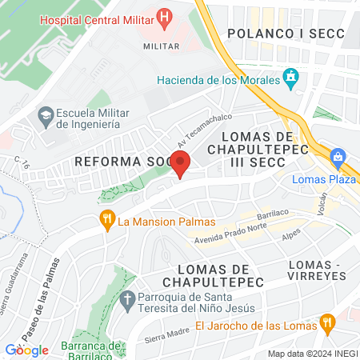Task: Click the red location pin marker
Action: [x=181, y=164]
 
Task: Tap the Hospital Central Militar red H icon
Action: [x=165, y=15]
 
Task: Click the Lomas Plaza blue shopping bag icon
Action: [x=339, y=157]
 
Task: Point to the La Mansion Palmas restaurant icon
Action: [x=105, y=218]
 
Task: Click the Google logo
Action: [x=26, y=350]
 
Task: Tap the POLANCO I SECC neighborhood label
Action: [x=284, y=33]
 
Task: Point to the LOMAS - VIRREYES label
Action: [x=316, y=269]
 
